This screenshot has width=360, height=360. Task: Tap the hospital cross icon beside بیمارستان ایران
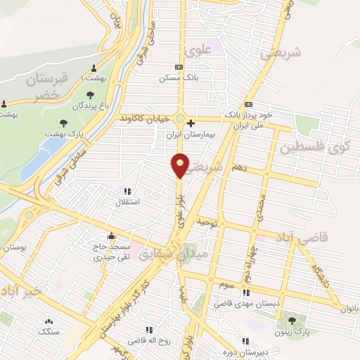(191, 123)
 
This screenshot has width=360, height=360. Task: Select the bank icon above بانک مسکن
(179, 67)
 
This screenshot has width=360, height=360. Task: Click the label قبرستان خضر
(50, 89)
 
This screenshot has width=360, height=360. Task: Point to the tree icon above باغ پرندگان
(90, 95)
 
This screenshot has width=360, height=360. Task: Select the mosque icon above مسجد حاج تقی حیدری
(110, 236)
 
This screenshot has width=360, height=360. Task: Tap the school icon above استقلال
(127, 191)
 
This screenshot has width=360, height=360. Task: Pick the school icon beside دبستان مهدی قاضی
(245, 293)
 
